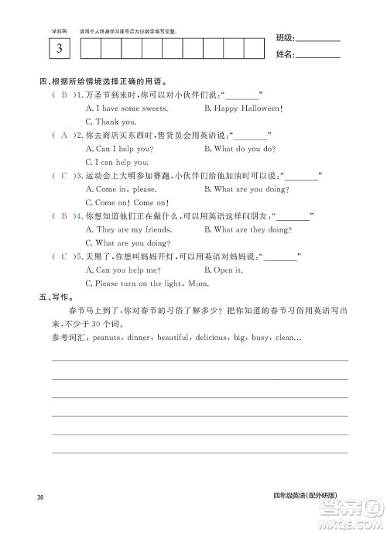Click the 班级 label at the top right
[285, 37]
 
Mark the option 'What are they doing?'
[247, 229]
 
